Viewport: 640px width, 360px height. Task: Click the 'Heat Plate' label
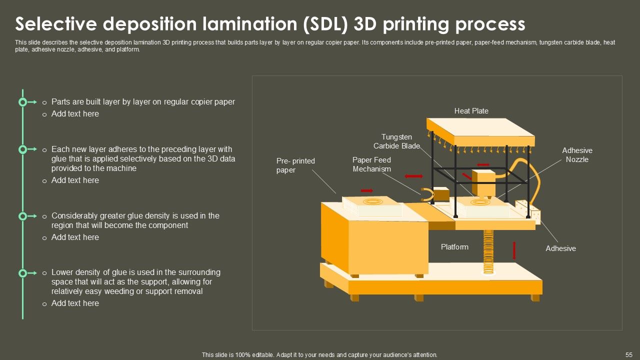(x=471, y=111)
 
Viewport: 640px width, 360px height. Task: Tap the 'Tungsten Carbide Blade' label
(x=396, y=141)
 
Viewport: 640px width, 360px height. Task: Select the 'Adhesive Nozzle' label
(x=577, y=155)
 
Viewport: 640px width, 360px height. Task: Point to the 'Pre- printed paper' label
(x=295, y=165)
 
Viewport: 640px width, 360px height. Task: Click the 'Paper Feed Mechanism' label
(x=371, y=164)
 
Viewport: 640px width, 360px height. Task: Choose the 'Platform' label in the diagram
(x=454, y=247)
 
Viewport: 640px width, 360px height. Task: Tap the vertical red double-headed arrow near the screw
(x=513, y=250)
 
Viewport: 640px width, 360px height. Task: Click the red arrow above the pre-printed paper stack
(x=367, y=190)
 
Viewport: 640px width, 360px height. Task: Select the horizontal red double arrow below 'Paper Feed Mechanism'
(x=413, y=176)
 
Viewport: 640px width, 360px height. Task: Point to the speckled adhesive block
(x=528, y=209)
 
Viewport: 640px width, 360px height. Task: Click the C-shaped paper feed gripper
(x=426, y=194)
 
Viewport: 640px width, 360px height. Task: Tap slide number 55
(x=629, y=354)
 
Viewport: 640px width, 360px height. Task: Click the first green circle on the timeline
(x=22, y=102)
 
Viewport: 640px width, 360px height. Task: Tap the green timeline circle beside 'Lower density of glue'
(x=22, y=273)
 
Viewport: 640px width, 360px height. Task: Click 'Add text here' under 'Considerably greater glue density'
(x=75, y=237)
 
